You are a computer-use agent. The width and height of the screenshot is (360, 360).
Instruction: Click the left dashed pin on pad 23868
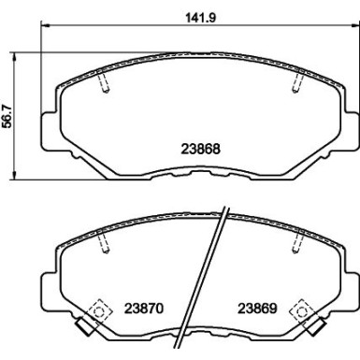[x=106, y=84]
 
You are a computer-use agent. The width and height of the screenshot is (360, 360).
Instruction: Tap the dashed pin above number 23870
[x=106, y=245]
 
